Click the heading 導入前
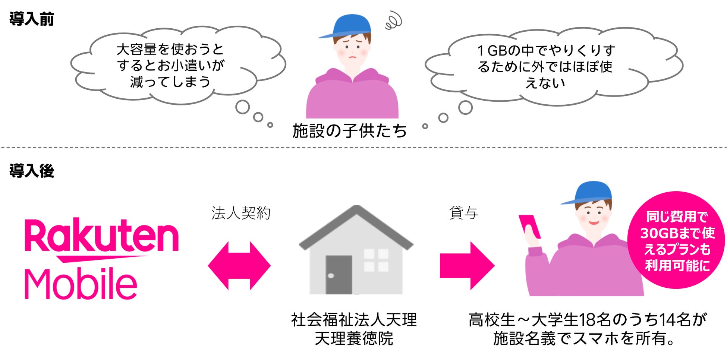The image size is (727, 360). point(32,19)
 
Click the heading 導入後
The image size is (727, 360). point(32,171)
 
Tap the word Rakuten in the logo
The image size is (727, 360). point(101,236)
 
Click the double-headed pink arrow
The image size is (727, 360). point(239,266)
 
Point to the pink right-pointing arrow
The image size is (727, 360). point(467,266)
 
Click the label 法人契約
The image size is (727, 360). point(241,213)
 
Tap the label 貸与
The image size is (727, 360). point(463,213)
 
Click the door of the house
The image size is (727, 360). point(339,275)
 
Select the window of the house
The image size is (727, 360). point(376,260)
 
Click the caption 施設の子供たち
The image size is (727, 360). point(349,131)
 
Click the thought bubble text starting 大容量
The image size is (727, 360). point(170,65)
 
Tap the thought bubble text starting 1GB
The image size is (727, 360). point(545,66)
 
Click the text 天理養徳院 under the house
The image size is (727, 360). point(353,339)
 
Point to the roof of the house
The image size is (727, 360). point(356,224)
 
